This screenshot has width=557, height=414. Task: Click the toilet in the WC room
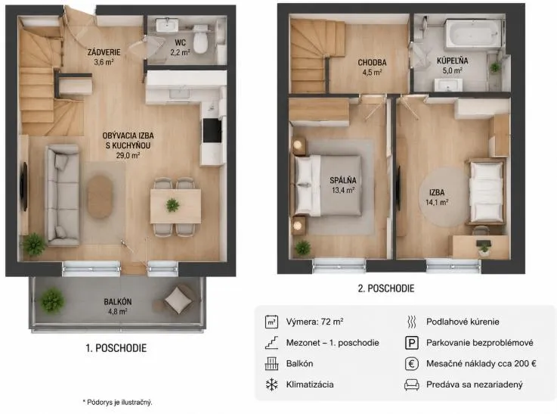pyautogui.click(x=201, y=39)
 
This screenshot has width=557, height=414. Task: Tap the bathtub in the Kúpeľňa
pyautogui.click(x=474, y=33)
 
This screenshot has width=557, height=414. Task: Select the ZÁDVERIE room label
pyautogui.click(x=104, y=52)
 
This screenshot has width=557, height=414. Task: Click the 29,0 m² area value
pyautogui.click(x=128, y=155)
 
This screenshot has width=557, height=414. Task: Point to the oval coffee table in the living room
pyautogui.click(x=100, y=196)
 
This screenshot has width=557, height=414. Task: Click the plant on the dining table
pyautogui.click(x=172, y=205)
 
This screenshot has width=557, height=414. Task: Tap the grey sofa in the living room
pyautogui.click(x=63, y=195)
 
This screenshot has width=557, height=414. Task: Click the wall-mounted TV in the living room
pyautogui.click(x=24, y=186)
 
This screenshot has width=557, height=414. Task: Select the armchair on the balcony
pyautogui.click(x=178, y=300)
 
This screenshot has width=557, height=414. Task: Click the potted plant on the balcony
pyautogui.click(x=53, y=300)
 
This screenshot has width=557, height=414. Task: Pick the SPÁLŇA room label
pyautogui.click(x=343, y=180)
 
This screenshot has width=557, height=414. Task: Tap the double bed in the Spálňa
pyautogui.click(x=328, y=185)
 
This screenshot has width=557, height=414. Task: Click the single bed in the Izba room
pyautogui.click(x=486, y=192)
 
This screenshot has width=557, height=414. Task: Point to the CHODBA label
pyautogui.click(x=372, y=63)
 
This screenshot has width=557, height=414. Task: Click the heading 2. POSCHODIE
pyautogui.click(x=386, y=288)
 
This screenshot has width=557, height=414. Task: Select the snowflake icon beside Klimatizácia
pyautogui.click(x=272, y=384)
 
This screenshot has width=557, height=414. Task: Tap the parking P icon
pyautogui.click(x=412, y=343)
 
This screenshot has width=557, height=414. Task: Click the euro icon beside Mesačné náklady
pyautogui.click(x=412, y=364)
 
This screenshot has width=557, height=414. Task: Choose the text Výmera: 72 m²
pyautogui.click(x=314, y=322)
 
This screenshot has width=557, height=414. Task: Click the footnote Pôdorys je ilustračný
pyautogui.click(x=117, y=402)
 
